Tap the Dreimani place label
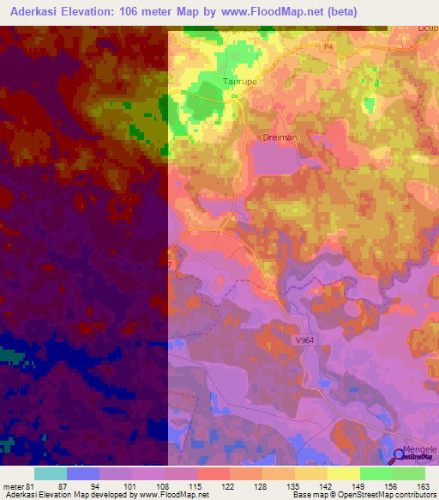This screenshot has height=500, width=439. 278,137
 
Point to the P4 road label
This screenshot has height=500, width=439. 328,47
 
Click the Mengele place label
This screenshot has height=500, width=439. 421,448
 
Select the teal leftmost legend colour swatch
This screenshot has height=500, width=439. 51,473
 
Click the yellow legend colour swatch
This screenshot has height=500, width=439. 343,473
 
